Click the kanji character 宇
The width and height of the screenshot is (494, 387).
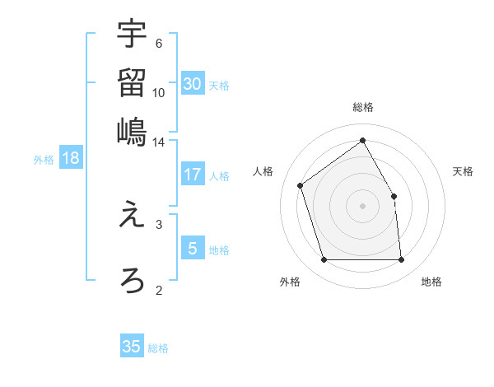click(132, 35)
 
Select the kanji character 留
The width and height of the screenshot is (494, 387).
click(132, 82)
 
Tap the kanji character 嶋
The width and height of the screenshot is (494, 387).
click(132, 131)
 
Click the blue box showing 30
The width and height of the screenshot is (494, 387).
click(193, 84)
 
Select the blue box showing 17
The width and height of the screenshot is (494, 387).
click(193, 175)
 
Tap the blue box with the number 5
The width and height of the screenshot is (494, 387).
click(193, 249)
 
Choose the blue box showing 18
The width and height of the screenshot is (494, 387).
click(71, 159)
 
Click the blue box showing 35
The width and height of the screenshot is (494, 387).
click(132, 347)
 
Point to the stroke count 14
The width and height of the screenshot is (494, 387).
click(159, 142)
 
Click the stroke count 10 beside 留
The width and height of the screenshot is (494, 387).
click(159, 92)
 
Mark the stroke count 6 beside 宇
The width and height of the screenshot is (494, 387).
click(159, 44)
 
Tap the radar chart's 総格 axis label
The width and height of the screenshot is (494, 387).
click(363, 107)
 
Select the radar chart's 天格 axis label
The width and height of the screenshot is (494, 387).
click(464, 171)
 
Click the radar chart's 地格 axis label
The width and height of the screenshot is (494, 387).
click(431, 282)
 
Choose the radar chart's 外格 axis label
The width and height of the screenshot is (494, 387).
click(290, 282)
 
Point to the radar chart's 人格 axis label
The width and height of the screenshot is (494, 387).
click(263, 171)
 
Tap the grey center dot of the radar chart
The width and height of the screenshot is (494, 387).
click(363, 206)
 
